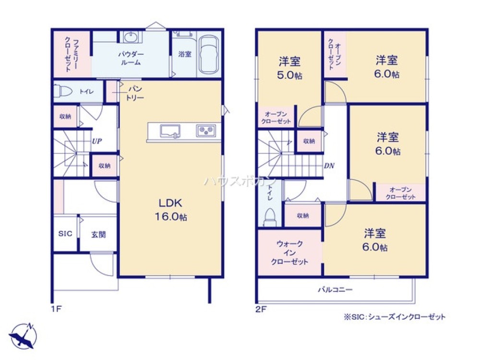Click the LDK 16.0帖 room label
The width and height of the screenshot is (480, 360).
tap(171, 210)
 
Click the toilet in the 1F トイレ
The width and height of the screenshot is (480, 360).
tap(63, 91)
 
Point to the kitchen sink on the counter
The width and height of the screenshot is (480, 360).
tap(170, 131)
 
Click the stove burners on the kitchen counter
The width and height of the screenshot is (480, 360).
tap(206, 131)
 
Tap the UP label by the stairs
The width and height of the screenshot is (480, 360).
tap(97, 141)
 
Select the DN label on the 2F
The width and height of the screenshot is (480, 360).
tap(329, 166)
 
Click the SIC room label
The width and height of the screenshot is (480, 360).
tap(65, 234)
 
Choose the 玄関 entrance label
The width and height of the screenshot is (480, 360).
tap(98, 235)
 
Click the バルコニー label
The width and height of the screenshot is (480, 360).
tap(335, 289)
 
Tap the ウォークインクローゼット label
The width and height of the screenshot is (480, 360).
tap(289, 253)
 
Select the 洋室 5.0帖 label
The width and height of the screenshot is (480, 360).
tap(289, 68)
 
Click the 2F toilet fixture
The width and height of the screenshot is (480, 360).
tap(270, 217)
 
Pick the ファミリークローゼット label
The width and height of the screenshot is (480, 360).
tap(72, 54)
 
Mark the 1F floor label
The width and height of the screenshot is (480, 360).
tap(56, 309)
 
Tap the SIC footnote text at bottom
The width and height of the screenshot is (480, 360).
tap(394, 317)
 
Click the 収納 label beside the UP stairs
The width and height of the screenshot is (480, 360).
tap(104, 166)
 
